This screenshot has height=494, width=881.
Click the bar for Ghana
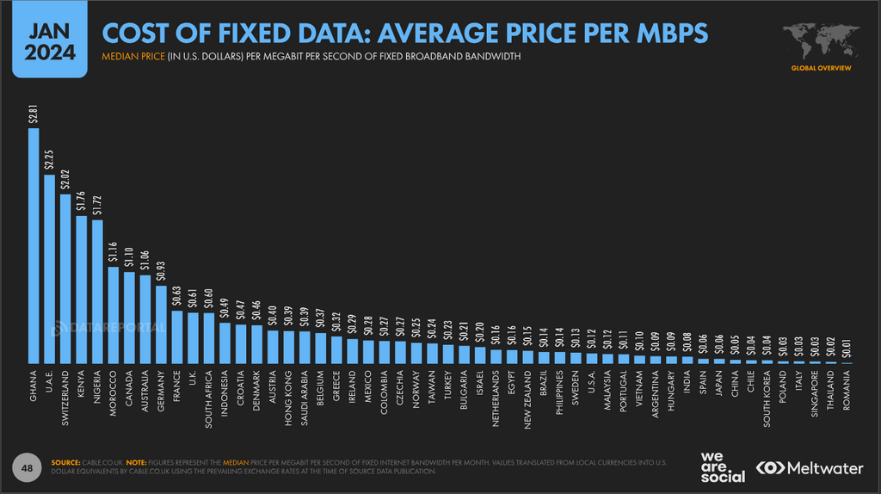(34, 246)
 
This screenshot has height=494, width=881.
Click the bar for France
(177, 337)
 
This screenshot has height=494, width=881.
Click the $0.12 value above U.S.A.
(592, 339)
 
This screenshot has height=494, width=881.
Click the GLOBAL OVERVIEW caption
(822, 67)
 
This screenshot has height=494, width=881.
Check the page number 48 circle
(27, 467)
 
